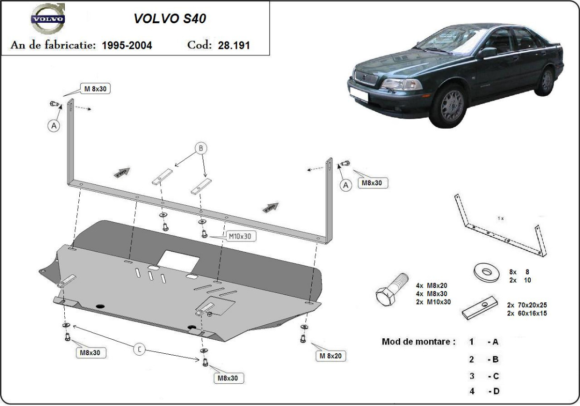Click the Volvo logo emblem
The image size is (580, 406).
pyautogui.click(x=47, y=19)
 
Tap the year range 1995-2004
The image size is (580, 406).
pyautogui.click(x=127, y=45)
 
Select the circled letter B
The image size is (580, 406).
pyautogui.click(x=201, y=149)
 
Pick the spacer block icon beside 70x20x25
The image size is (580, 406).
pyautogui.click(x=478, y=309)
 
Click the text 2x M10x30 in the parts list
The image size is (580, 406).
pyautogui.click(x=433, y=301)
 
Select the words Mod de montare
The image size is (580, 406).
pyautogui.click(x=418, y=342)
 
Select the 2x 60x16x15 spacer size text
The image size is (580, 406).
pyautogui.click(x=527, y=313)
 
